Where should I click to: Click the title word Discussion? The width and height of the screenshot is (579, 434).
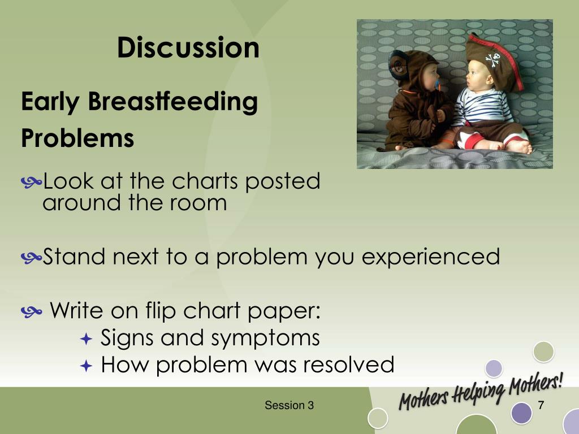pyautogui.click(x=188, y=47)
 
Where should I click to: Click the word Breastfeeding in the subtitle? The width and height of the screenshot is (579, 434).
pyautogui.click(x=173, y=102)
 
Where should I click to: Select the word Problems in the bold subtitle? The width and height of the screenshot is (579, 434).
pyautogui.click(x=77, y=138)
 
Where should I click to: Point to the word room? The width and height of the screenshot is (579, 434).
pyautogui.click(x=198, y=203)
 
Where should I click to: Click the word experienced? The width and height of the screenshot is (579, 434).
pyautogui.click(x=431, y=257)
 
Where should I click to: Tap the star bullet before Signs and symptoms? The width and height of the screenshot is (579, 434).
pyautogui.click(x=86, y=339)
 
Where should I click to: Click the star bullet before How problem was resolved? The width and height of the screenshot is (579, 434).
pyautogui.click(x=86, y=366)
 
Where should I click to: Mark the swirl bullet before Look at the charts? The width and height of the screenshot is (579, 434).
pyautogui.click(x=32, y=182)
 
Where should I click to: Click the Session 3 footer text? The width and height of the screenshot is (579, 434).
pyautogui.click(x=289, y=405)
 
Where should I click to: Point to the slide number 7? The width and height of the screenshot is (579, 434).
pyautogui.click(x=541, y=405)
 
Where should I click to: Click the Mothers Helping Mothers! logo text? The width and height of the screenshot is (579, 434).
pyautogui.click(x=481, y=391)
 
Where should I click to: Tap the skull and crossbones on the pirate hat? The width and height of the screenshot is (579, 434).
pyautogui.click(x=492, y=60)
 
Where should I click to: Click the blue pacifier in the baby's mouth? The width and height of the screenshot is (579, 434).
pyautogui.click(x=438, y=85)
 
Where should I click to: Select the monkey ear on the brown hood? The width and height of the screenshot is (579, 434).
pyautogui.click(x=399, y=66)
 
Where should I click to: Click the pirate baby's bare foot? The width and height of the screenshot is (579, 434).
pyautogui.click(x=520, y=147)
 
